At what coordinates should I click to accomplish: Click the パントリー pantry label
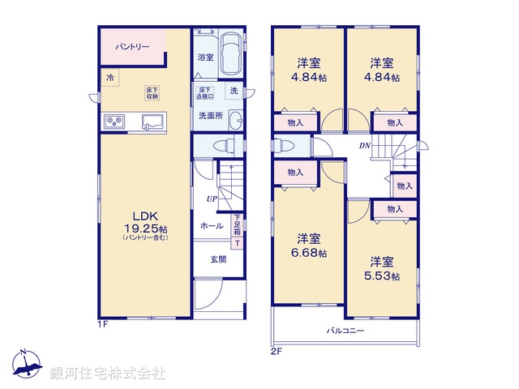pyautogui.click(x=132, y=48)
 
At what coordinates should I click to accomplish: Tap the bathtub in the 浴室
pyautogui.click(x=231, y=53)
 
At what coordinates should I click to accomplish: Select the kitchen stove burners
pyautogui.click(x=114, y=122)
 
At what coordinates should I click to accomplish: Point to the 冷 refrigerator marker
pyautogui.click(x=109, y=78)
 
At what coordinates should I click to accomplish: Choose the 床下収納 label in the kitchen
pyautogui.click(x=152, y=92)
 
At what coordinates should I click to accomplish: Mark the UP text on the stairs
pyautogui.click(x=211, y=199)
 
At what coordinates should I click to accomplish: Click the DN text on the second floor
pyautogui.click(x=365, y=145)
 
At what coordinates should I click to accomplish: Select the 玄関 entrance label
pyautogui.click(x=218, y=259)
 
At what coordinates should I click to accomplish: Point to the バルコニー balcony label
pyautogui.click(x=345, y=331)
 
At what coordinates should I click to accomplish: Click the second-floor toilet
pyautogui.click(x=284, y=146)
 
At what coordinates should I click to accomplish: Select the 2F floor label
pyautogui.click(x=277, y=351)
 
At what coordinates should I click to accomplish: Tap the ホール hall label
pyautogui.click(x=212, y=226)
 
